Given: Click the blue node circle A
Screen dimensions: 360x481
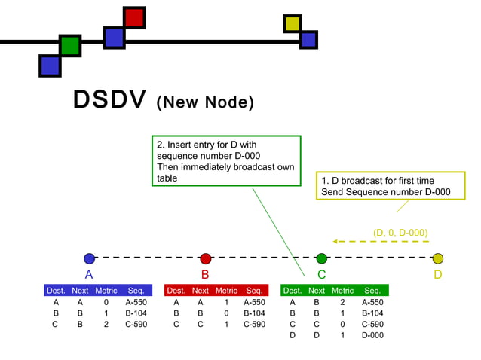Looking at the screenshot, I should (x=90, y=258).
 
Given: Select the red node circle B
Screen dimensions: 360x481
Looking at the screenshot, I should (x=206, y=258).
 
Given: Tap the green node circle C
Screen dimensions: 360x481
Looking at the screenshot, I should (x=322, y=258).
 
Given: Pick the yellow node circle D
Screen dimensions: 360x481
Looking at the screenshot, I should (x=438, y=258).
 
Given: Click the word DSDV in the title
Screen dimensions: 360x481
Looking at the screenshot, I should (x=109, y=101).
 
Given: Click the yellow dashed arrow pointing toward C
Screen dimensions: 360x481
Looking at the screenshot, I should (x=380, y=242).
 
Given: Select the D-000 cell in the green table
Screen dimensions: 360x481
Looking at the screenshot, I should (x=372, y=335).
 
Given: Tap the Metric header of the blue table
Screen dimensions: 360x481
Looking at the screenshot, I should (x=106, y=290).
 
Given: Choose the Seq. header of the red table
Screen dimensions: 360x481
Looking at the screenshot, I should (x=253, y=290).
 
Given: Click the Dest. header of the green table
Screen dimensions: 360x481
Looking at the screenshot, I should (x=293, y=290).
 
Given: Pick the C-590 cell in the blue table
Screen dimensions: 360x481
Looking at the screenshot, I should (x=136, y=324).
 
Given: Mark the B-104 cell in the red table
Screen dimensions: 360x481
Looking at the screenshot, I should (x=253, y=313).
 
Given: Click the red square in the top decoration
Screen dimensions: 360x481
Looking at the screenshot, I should (x=134, y=17).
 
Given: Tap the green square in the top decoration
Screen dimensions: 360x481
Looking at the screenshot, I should (x=70, y=45).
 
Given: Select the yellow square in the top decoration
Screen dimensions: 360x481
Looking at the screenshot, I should (x=293, y=24).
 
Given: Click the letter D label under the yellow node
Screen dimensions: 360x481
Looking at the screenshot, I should (x=438, y=275).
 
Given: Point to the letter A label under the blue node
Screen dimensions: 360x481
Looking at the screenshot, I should (x=89, y=275).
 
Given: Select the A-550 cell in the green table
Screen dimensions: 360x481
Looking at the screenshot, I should (x=372, y=301).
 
